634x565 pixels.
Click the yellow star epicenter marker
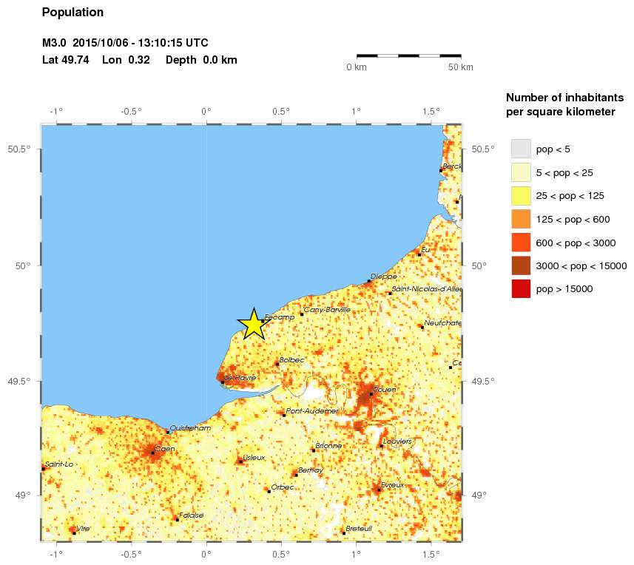coord(253,324)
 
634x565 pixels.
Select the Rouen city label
coord(385,389)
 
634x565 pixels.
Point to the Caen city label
coord(165,449)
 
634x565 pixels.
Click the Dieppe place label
coord(384,277)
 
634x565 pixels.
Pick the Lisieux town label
coord(254,458)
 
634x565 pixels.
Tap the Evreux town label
coord(393,485)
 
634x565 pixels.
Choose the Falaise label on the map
coord(191,515)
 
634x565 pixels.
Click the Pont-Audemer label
coord(312,410)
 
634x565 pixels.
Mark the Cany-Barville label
coord(327,310)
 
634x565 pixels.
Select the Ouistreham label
coord(190,427)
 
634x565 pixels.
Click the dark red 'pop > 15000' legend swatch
coord(522,289)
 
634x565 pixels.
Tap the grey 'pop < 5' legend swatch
coord(522,149)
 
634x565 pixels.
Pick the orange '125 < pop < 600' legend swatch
coord(522,219)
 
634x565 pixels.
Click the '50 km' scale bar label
coord(461,67)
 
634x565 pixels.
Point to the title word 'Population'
coord(72,13)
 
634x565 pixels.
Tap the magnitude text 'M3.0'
coord(55,43)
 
